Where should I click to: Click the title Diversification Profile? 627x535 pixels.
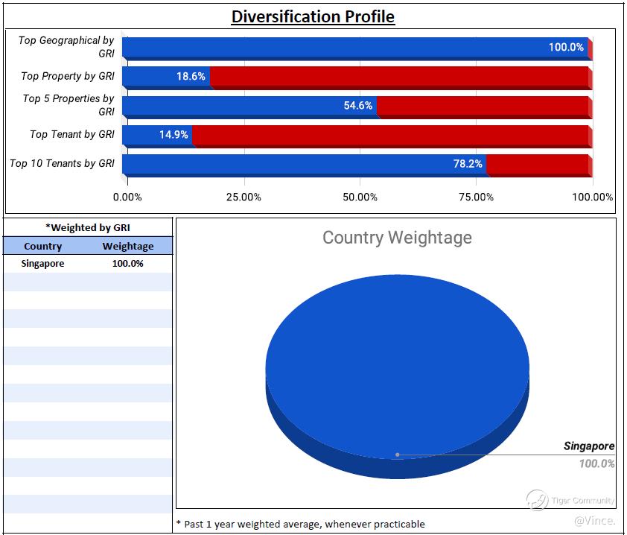coord(313,16)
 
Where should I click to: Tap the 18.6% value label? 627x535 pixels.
coord(191,76)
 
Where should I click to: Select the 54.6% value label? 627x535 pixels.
coord(357,106)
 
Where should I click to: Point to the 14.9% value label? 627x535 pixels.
coord(174,135)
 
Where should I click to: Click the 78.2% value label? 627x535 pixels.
coord(468,164)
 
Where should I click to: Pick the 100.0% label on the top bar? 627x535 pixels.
coord(566,47)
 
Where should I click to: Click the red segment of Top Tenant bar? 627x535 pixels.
coord(391,136)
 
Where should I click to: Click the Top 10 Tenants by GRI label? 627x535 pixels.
coord(62,163)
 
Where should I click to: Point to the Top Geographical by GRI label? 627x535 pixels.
coord(66,47)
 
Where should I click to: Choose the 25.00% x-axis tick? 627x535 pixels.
coord(244,197)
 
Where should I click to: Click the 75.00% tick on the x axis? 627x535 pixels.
coord(476,197)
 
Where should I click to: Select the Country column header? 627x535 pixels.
coord(43,247)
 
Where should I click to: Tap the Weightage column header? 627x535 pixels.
coord(128,247)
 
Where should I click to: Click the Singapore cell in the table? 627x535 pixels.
coord(43,264)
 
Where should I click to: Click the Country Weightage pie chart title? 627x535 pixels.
coord(397,238)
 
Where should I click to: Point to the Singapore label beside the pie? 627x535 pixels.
coord(588,446)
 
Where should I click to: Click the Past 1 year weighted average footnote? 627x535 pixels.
coord(300,524)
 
